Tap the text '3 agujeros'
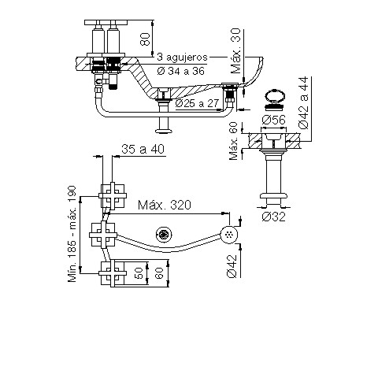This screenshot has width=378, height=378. pos(183,57)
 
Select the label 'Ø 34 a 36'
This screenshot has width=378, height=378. pos(183,72)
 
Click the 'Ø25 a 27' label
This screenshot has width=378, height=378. pos(198,103)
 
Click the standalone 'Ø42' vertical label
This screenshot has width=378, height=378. pos(231,265)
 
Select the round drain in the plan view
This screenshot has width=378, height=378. pos(164,233)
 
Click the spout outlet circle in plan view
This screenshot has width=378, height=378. pos(229,234)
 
